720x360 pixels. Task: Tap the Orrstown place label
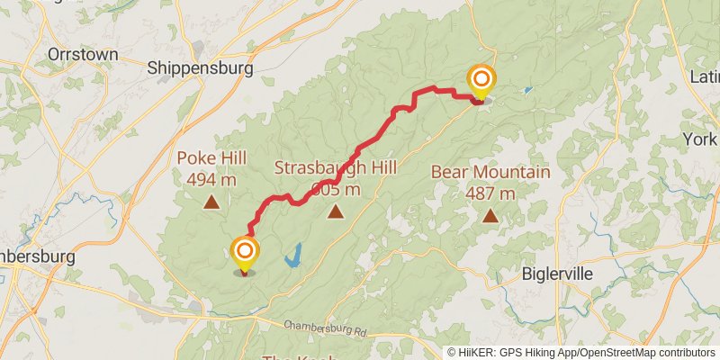pyautogui.click(x=83, y=54)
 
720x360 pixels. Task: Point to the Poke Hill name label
pyautogui.click(x=211, y=157)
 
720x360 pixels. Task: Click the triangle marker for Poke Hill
pyautogui.click(x=211, y=202)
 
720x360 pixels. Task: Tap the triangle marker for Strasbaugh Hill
pyautogui.click(x=336, y=212)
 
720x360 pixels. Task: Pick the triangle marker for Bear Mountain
pyautogui.click(x=490, y=215)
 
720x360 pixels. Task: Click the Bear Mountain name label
pyautogui.click(x=490, y=172)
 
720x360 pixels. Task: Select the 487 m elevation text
pyautogui.click(x=490, y=193)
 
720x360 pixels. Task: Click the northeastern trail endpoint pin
pyautogui.click(x=481, y=81)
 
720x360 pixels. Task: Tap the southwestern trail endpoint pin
pyautogui.click(x=244, y=252)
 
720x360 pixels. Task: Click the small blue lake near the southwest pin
pyautogui.click(x=293, y=256)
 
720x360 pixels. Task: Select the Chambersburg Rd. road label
pyautogui.click(x=326, y=328)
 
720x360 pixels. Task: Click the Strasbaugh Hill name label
pyautogui.click(x=335, y=167)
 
